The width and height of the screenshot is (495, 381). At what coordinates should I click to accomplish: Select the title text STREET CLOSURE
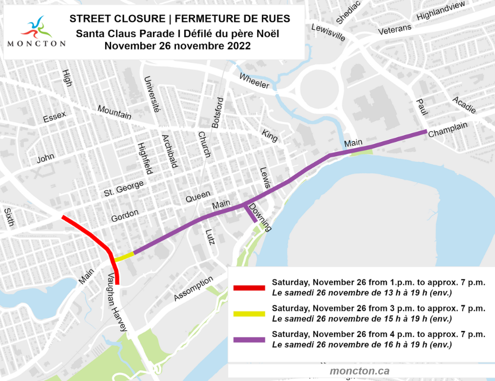tap(117, 19)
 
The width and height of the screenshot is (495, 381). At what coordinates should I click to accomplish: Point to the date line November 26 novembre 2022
tap(177, 46)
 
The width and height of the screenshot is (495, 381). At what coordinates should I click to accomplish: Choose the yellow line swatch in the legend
tap(249, 313)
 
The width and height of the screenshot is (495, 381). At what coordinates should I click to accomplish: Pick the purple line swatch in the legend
tap(249, 339)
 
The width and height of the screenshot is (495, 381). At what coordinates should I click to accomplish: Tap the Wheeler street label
tap(254, 81)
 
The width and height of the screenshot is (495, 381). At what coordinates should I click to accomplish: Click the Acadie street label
tap(464, 105)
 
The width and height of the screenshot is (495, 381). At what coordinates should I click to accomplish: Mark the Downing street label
tap(260, 217)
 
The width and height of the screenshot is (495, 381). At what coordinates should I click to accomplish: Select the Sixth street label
tap(9, 217)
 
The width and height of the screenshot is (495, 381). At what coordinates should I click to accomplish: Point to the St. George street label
tap(124, 188)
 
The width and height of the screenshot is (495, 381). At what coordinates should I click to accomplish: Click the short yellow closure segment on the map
tap(124, 257)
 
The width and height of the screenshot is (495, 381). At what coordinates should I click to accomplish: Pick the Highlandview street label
tap(440, 11)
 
